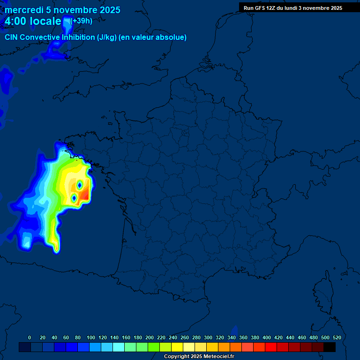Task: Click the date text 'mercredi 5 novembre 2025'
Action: click(62, 10)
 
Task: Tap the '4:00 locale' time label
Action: click(33, 22)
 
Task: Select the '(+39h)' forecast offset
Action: click(81, 21)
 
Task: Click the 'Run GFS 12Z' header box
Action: click(292, 8)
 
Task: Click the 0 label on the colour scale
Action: click(30, 337)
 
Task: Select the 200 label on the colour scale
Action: click(150, 337)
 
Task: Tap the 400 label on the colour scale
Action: click(267, 337)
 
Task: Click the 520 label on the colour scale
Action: click(337, 337)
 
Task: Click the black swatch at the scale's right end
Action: click(330, 347)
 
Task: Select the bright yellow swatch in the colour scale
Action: click(177, 347)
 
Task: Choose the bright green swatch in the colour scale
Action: click(154, 347)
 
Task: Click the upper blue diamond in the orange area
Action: click(80, 185)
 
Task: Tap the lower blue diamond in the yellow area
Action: click(74, 199)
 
